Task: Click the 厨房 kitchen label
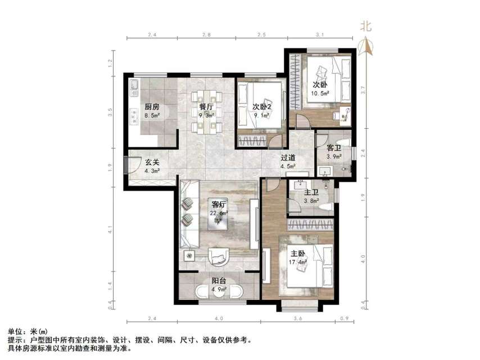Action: [x=150, y=106]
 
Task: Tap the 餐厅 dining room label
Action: [x=206, y=106]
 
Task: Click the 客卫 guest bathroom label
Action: [x=334, y=148]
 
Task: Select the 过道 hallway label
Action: [x=288, y=158]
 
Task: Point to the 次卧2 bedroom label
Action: [x=261, y=106]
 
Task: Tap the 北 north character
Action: [x=366, y=26]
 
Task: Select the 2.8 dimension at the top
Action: [x=206, y=35]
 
